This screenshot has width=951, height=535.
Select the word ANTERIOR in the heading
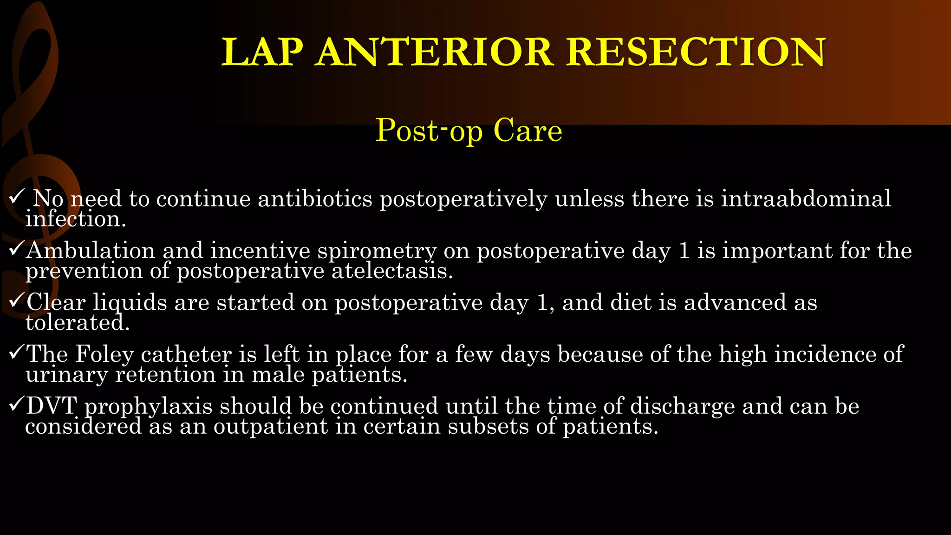(435, 52)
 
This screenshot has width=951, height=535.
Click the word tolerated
(77, 323)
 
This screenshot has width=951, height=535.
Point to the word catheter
(186, 355)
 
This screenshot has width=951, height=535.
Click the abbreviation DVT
(51, 406)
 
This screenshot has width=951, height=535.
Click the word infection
(75, 219)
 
